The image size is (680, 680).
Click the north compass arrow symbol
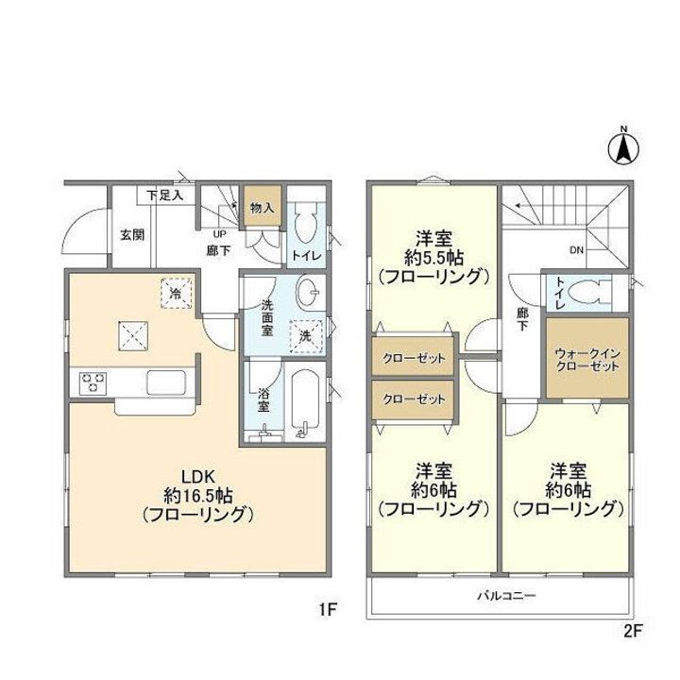tap(623, 148)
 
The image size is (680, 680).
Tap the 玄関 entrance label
tap(132, 235)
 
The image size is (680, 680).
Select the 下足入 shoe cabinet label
tap(164, 195)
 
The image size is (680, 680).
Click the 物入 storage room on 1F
tap(263, 206)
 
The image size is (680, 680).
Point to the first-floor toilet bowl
tap(307, 223)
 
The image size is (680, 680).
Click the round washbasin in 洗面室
tap(309, 292)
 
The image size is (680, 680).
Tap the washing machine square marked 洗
tap(306, 336)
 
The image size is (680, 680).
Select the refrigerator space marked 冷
tap(176, 293)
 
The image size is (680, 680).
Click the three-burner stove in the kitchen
tap(93, 383)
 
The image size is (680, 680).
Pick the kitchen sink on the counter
tap(165, 382)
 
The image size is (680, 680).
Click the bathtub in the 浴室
tap(305, 403)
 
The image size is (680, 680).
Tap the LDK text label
tap(198, 477)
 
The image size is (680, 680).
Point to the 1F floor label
tap(328, 610)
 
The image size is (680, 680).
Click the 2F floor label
tap(632, 631)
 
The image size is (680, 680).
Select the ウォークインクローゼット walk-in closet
tap(587, 358)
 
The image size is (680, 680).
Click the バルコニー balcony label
tap(506, 595)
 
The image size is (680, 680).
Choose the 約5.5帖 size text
tap(434, 259)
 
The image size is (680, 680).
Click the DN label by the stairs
tap(576, 250)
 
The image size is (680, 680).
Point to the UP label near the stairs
tap(219, 234)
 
